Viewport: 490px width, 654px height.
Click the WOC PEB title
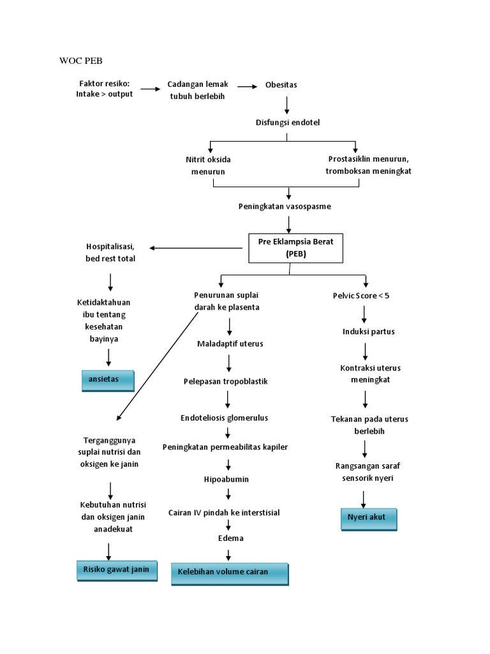click(80, 61)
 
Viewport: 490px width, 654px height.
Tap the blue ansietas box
click(107, 379)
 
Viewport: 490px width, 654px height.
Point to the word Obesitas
click(281, 85)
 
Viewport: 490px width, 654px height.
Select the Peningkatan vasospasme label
click(285, 206)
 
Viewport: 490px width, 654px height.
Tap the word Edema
click(230, 538)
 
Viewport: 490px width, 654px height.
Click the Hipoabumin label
click(227, 478)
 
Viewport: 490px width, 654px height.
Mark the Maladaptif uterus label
click(230, 344)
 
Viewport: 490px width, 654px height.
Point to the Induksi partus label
click(368, 331)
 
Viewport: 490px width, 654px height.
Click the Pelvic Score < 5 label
click(361, 296)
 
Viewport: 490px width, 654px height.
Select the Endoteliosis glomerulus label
click(224, 418)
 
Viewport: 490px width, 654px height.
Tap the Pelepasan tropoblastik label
click(225, 381)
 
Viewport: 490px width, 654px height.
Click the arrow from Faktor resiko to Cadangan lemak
click(151, 90)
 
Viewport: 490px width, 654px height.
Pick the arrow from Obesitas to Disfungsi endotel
click(287, 105)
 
